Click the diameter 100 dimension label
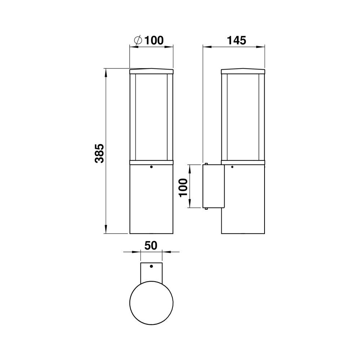(149, 40)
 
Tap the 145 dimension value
(236, 40)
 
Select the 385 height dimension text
(99, 154)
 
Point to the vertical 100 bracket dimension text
(183, 188)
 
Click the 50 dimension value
(151, 245)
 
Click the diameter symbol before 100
(138, 40)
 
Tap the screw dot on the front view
(151, 167)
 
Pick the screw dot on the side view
(232, 167)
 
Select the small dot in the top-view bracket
(151, 266)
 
